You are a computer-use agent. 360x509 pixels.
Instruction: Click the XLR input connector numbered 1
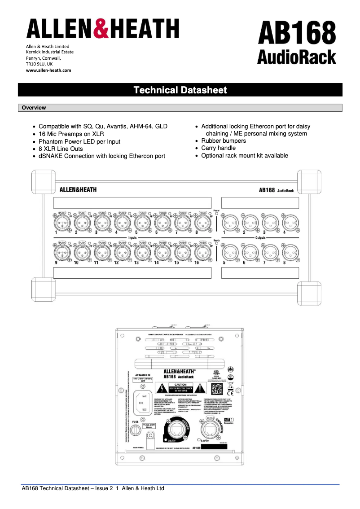click(x=61, y=222)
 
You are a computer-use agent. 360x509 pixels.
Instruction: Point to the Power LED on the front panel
click(x=216, y=214)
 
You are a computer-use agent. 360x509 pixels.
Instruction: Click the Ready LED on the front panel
click(x=216, y=245)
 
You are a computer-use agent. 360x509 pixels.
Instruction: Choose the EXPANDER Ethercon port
click(x=210, y=430)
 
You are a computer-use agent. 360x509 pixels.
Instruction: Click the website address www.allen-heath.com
click(x=48, y=70)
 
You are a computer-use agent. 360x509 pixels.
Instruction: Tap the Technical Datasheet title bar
click(x=180, y=90)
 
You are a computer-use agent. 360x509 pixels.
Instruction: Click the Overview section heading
click(x=34, y=108)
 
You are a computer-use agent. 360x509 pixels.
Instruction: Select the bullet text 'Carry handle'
click(x=218, y=148)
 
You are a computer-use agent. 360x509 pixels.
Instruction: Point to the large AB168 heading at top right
click(x=297, y=34)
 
